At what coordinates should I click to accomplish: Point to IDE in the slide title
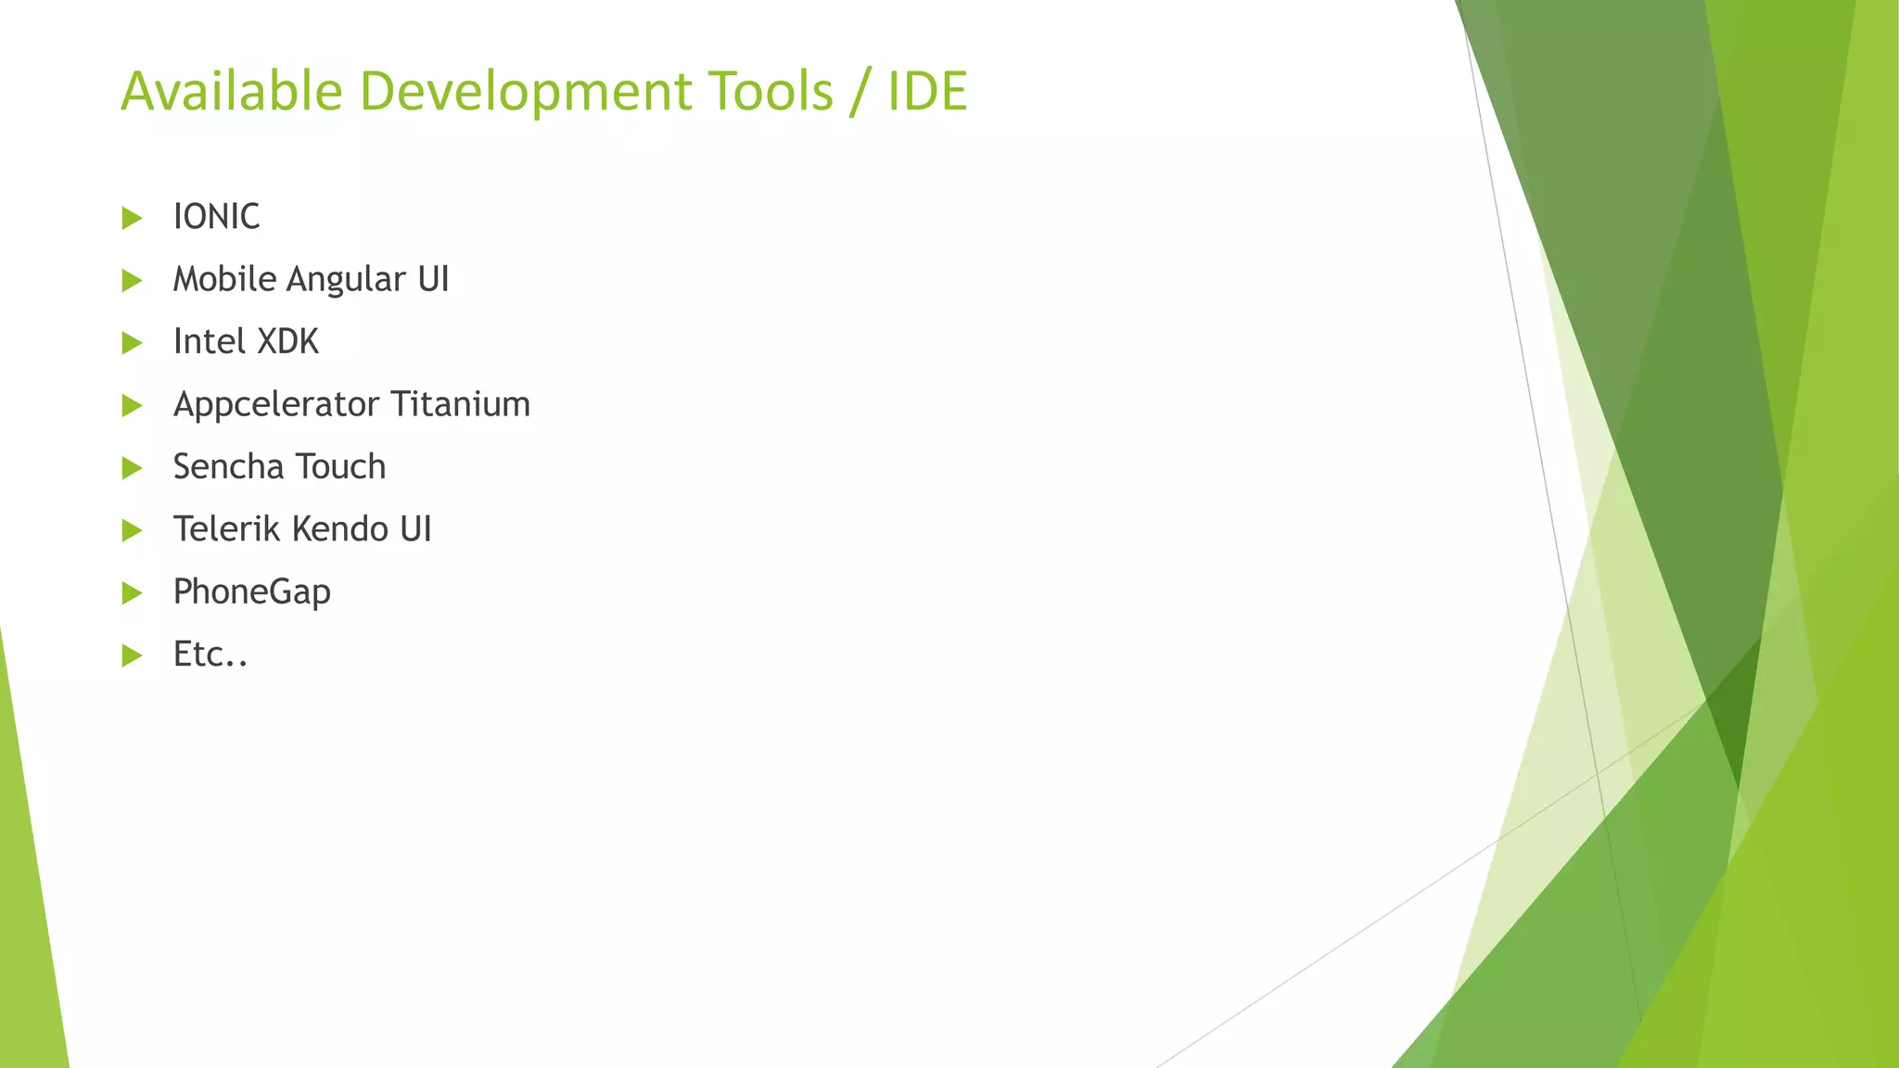[927, 91]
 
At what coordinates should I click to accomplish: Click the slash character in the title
[860, 92]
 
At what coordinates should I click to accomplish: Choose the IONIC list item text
[216, 217]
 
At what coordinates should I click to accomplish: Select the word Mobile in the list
[224, 279]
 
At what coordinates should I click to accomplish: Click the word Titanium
[460, 404]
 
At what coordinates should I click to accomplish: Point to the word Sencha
[227, 466]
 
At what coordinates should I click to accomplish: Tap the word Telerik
[227, 529]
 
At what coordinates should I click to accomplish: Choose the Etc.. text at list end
[210, 655]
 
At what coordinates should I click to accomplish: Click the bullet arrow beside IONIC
[132, 218]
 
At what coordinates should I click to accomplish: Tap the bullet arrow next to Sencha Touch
[132, 468]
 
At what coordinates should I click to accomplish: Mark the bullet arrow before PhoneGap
[132, 593]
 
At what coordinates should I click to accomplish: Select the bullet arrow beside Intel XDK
[132, 343]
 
